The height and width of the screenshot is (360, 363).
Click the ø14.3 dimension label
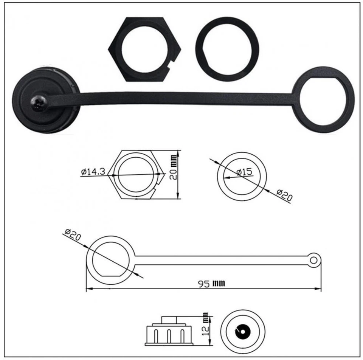click(93, 171)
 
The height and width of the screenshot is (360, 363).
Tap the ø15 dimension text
click(244, 172)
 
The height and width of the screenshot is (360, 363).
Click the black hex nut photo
click(144, 49)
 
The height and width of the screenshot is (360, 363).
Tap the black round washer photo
click(227, 50)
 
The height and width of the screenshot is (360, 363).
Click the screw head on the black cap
click(39, 102)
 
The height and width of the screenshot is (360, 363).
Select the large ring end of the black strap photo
click(323, 99)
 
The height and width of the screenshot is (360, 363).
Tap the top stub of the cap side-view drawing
click(169, 320)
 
